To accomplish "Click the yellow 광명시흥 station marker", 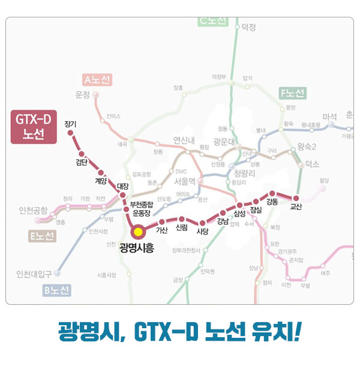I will point(138,232).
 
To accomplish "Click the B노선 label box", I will point(57,291).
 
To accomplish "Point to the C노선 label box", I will point(213,21).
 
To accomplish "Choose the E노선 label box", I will point(42,236).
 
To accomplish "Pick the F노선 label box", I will point(292,93).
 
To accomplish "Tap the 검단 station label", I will point(82,163).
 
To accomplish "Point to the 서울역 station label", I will point(185,181).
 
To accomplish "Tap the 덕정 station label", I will point(248,27).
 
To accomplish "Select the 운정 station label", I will point(82,95).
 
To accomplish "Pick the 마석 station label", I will point(330,116).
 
